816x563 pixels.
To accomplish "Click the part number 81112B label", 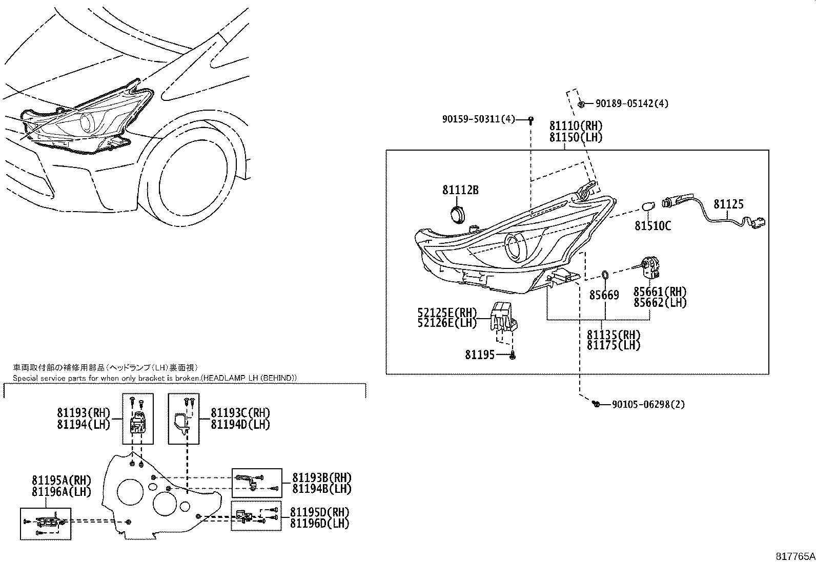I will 460,190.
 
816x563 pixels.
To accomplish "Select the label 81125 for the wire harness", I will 728,204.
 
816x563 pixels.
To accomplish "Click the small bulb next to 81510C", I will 648,207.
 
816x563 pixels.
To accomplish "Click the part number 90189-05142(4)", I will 631,103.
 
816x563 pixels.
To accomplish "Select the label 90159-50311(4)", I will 478,119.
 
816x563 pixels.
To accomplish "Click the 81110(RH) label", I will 576,126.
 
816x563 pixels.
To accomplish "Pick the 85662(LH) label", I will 660,303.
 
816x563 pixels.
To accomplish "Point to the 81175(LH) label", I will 614,346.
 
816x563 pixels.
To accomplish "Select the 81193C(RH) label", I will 240,413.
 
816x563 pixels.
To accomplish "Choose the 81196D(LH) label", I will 319,524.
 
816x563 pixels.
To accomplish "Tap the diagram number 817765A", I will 794,556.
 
